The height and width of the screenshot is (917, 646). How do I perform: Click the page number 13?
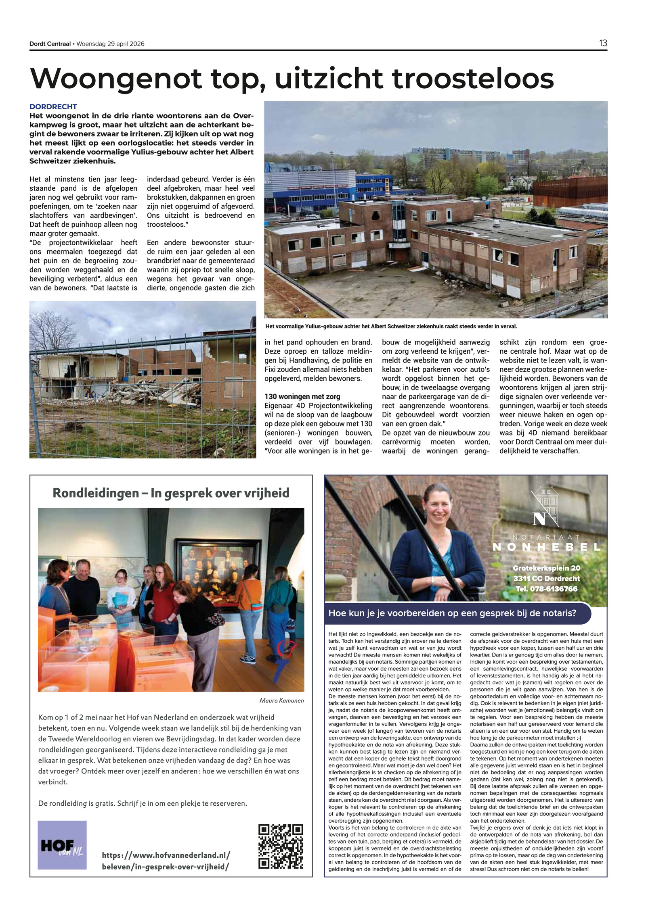(x=602, y=43)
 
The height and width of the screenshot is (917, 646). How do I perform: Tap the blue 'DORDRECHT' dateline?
(x=53, y=106)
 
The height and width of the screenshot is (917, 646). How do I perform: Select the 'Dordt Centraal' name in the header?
(x=50, y=44)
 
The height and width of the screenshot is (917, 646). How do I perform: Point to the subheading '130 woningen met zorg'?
(x=302, y=396)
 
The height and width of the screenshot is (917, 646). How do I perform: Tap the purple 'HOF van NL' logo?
(x=62, y=844)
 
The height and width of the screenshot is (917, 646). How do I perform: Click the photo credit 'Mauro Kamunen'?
(x=281, y=700)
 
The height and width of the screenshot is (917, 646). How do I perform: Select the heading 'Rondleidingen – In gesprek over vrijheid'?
(x=171, y=493)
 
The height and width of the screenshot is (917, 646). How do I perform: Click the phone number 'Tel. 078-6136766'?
(x=546, y=589)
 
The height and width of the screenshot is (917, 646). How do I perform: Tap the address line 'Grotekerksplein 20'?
(x=546, y=568)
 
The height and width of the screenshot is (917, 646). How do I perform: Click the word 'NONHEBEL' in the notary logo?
(x=546, y=547)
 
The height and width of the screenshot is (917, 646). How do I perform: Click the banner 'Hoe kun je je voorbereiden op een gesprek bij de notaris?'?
(x=452, y=613)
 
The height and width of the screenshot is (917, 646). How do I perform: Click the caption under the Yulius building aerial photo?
(x=391, y=326)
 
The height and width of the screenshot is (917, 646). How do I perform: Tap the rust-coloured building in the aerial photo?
(x=569, y=194)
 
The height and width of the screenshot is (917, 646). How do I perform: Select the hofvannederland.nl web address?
(x=166, y=861)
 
